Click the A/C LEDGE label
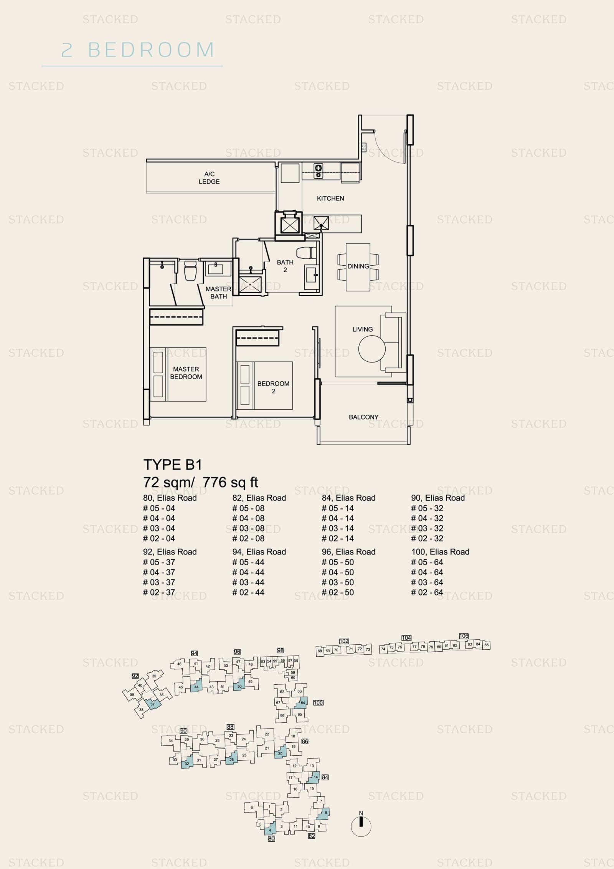pyautogui.click(x=209, y=178)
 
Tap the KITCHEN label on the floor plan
pyautogui.click(x=330, y=199)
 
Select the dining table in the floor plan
pyautogui.click(x=358, y=267)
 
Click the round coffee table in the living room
pyautogui.click(x=372, y=349)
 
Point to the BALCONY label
pyautogui.click(x=363, y=417)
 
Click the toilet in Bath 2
pyautogui.click(x=306, y=253)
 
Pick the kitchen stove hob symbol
pyautogui.click(x=319, y=171)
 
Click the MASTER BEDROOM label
pyautogui.click(x=186, y=373)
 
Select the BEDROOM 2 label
pyautogui.click(x=273, y=387)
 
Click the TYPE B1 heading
pyautogui.click(x=173, y=465)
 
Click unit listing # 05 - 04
pyautogui.click(x=159, y=508)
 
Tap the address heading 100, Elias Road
pyautogui.click(x=440, y=552)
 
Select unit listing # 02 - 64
pyautogui.click(x=427, y=592)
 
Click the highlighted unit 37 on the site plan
pyautogui.click(x=153, y=704)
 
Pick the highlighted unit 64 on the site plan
pyautogui.click(x=302, y=703)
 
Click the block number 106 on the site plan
pyautogui.click(x=464, y=636)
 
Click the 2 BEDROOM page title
pyautogui.click(x=138, y=50)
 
